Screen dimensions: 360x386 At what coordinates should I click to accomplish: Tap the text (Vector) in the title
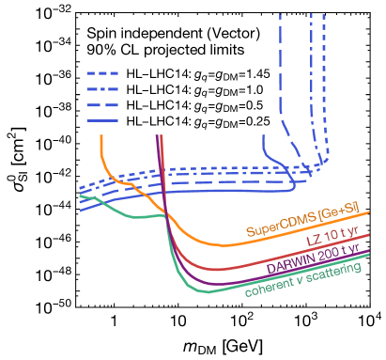pos(234,33)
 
